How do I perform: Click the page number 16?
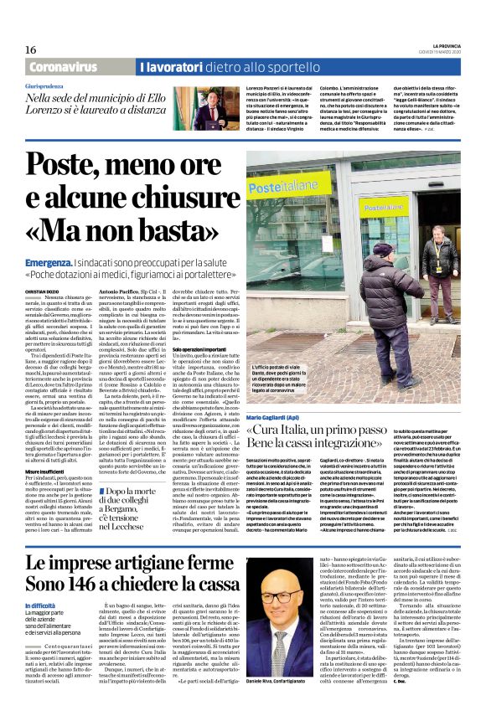(x=31, y=50)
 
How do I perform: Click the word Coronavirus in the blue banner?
(x=63, y=66)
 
